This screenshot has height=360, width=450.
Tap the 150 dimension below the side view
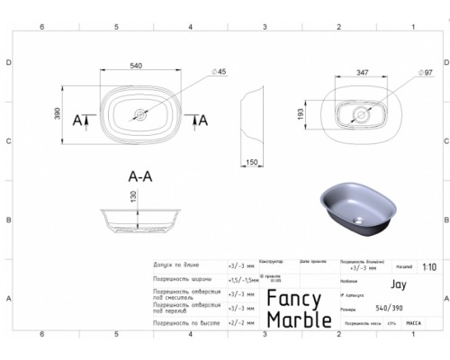pos(252,161)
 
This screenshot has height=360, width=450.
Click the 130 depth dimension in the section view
pos(133,210)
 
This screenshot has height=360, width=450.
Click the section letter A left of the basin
pos(76,121)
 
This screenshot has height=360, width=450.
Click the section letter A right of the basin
pos(202,121)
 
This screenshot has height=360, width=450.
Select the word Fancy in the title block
pos(298,303)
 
